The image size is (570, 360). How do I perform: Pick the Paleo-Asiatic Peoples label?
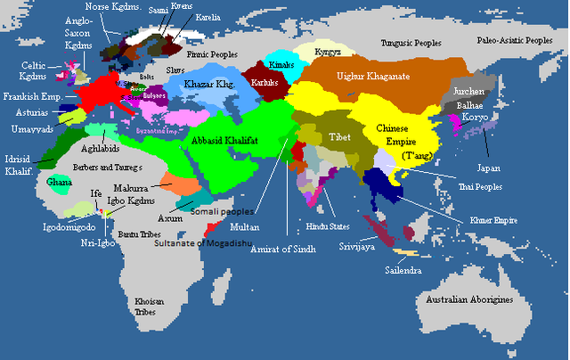513,40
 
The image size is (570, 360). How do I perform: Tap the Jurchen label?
469,92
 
